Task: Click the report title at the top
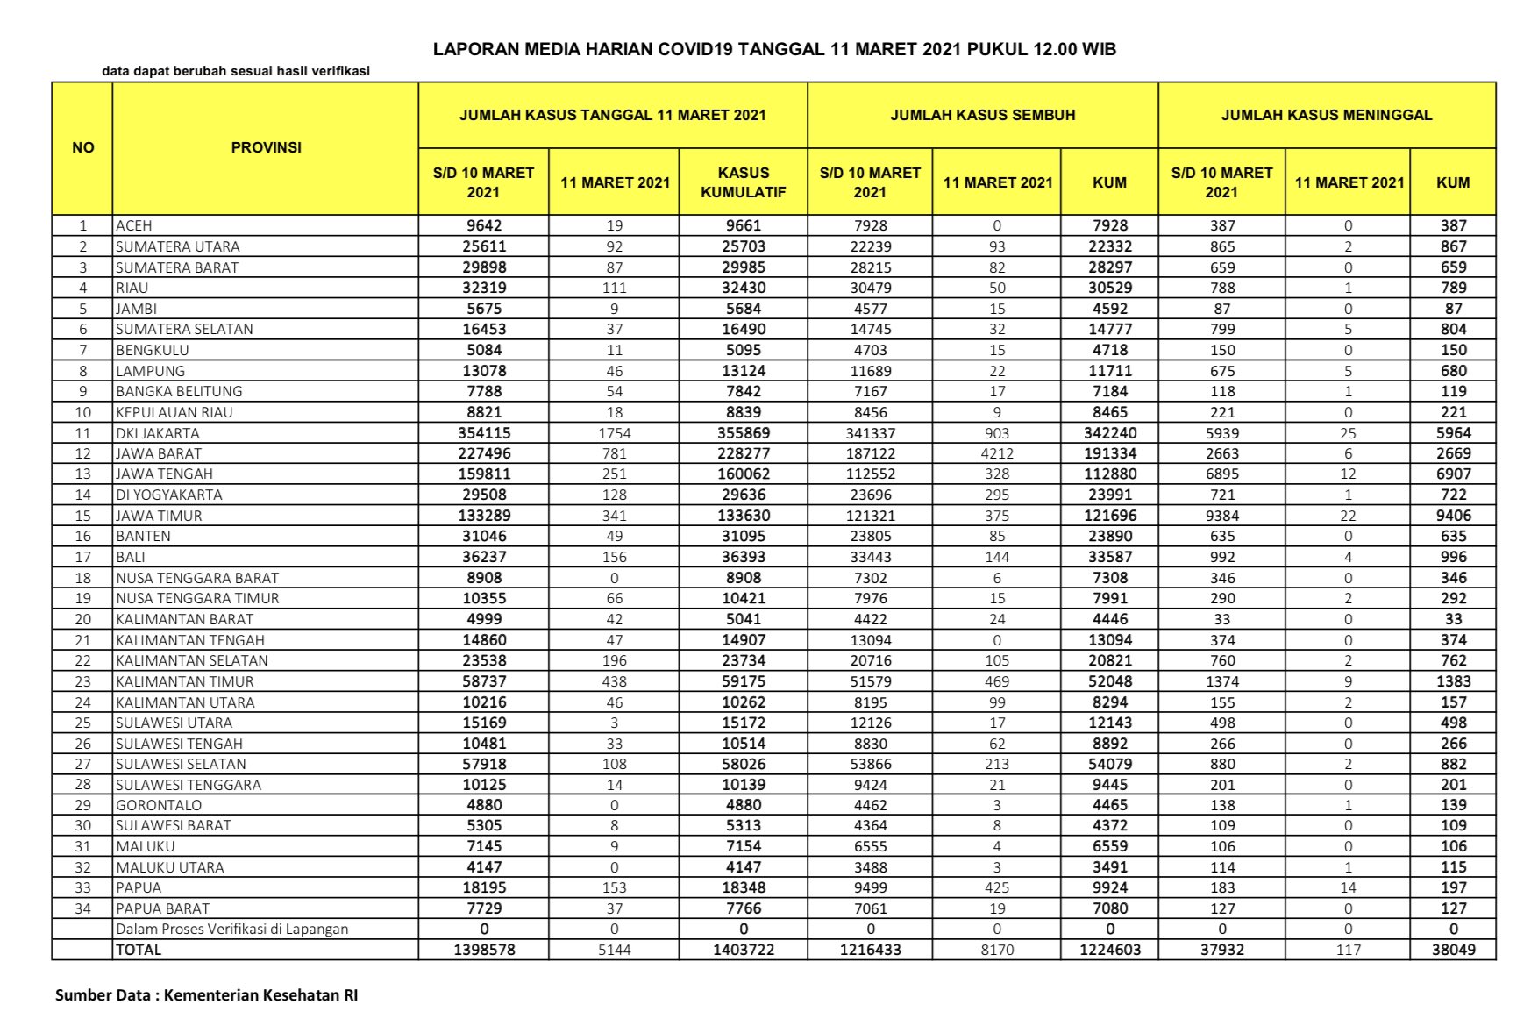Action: point(774,49)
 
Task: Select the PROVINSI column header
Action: point(266,147)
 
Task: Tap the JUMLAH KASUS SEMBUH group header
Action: point(982,115)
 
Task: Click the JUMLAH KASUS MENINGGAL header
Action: point(1326,115)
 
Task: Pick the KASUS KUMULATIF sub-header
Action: point(743,182)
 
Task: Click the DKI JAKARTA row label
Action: point(158,433)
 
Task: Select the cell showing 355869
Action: point(743,433)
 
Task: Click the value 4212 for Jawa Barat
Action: point(996,453)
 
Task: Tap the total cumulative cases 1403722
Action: point(743,950)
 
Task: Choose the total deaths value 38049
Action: point(1453,950)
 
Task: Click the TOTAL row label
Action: point(139,950)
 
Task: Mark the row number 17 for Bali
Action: point(82,557)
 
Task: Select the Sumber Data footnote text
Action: point(206,995)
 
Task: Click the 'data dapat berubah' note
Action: point(236,71)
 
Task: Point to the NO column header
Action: point(82,147)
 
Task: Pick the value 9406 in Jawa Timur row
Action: point(1453,516)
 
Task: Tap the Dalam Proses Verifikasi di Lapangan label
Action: point(232,929)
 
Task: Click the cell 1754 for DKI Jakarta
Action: point(614,433)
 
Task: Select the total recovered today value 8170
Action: point(996,950)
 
